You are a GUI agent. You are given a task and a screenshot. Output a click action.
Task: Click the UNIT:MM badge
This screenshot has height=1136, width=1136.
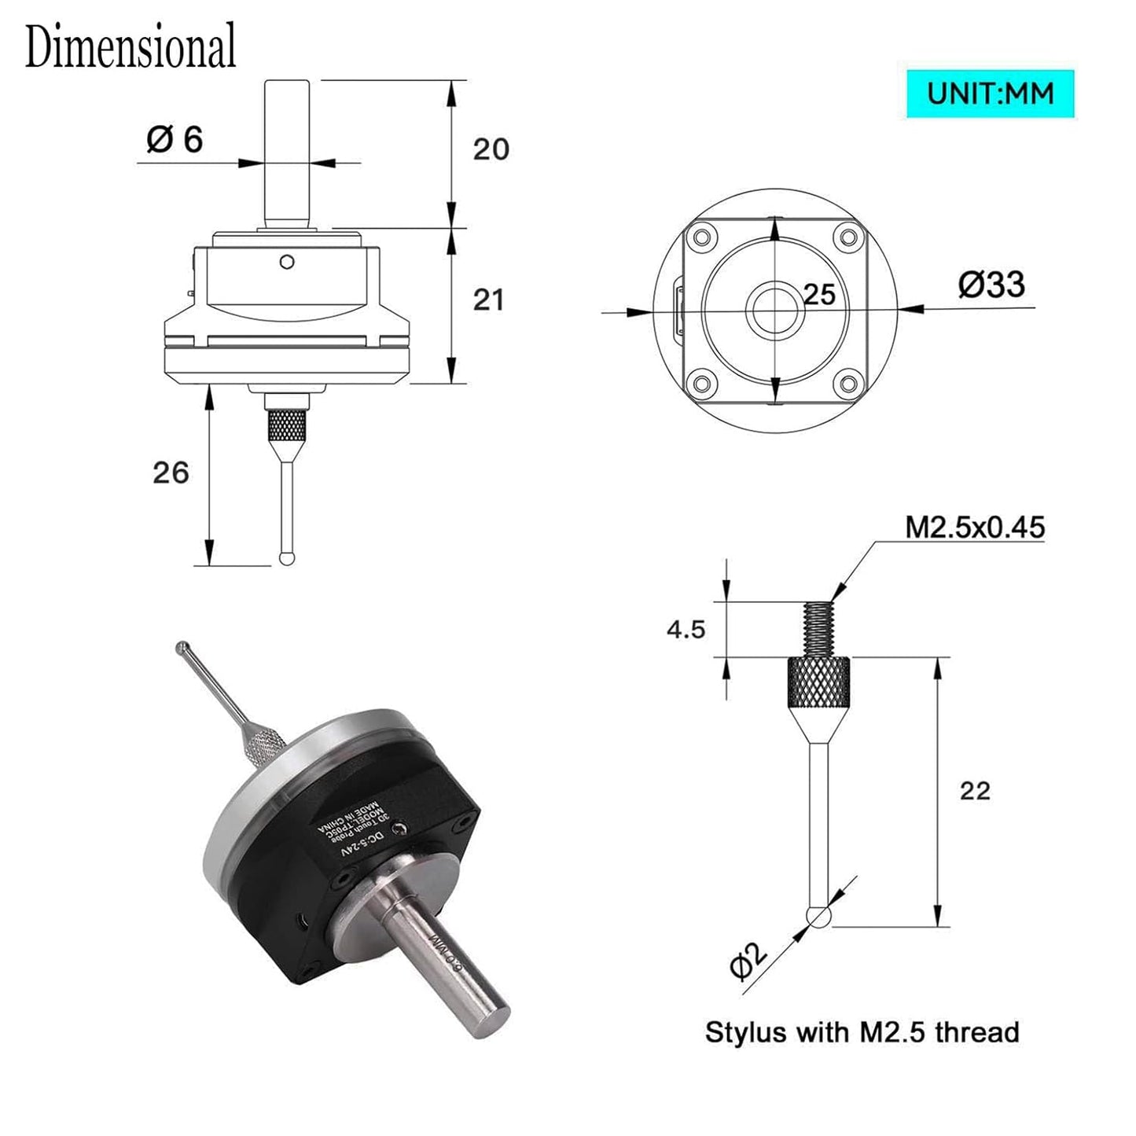tap(990, 94)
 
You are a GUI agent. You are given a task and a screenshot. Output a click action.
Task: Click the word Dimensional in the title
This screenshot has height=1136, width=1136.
tap(131, 46)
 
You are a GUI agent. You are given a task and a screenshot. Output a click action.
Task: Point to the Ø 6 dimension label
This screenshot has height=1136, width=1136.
tap(175, 140)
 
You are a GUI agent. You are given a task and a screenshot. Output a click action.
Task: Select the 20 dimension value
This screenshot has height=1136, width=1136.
tap(491, 149)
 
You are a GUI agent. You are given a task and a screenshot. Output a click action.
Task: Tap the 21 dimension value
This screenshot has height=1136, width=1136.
tap(488, 300)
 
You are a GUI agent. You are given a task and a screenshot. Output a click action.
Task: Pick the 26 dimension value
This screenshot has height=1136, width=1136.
tap(171, 472)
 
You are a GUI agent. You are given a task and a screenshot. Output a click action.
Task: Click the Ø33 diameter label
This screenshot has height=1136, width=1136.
tap(991, 284)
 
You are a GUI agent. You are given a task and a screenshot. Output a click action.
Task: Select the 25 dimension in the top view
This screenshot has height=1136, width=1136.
tap(819, 295)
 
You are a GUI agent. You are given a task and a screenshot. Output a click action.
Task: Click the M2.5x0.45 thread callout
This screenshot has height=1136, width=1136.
tap(975, 527)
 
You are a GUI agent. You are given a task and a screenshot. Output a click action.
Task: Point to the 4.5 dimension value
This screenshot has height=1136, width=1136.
tap(686, 629)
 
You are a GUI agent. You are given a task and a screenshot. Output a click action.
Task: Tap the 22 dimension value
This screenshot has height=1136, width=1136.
tap(975, 790)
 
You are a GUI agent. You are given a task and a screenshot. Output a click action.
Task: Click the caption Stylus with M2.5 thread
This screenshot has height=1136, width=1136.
tap(862, 1032)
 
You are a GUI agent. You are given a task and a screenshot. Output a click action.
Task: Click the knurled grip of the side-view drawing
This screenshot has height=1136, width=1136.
tap(286, 426)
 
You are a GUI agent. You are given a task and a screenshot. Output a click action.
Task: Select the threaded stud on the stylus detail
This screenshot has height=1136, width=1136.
tap(818, 629)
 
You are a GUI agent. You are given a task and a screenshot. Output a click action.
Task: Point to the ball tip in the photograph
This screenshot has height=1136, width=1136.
tap(182, 648)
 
